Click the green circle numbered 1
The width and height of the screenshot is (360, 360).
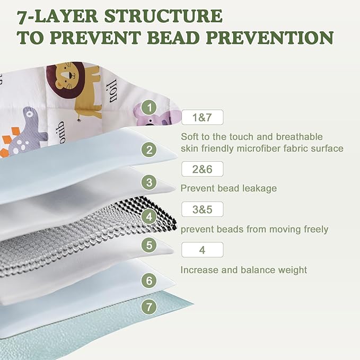149,107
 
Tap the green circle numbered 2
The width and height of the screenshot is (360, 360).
149,150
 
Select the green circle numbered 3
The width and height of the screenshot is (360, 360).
149,182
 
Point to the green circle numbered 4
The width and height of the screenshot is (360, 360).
149,216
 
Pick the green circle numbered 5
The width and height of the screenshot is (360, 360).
149,245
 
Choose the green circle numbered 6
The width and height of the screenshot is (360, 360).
149,280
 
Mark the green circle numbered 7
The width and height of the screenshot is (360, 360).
149,307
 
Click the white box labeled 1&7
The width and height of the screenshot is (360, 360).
203,117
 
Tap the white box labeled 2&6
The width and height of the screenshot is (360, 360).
203,169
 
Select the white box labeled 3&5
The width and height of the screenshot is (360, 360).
203,209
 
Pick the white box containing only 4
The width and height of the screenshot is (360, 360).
203,250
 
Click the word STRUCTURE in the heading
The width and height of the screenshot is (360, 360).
163,16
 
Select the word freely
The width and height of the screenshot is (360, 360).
316,230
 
